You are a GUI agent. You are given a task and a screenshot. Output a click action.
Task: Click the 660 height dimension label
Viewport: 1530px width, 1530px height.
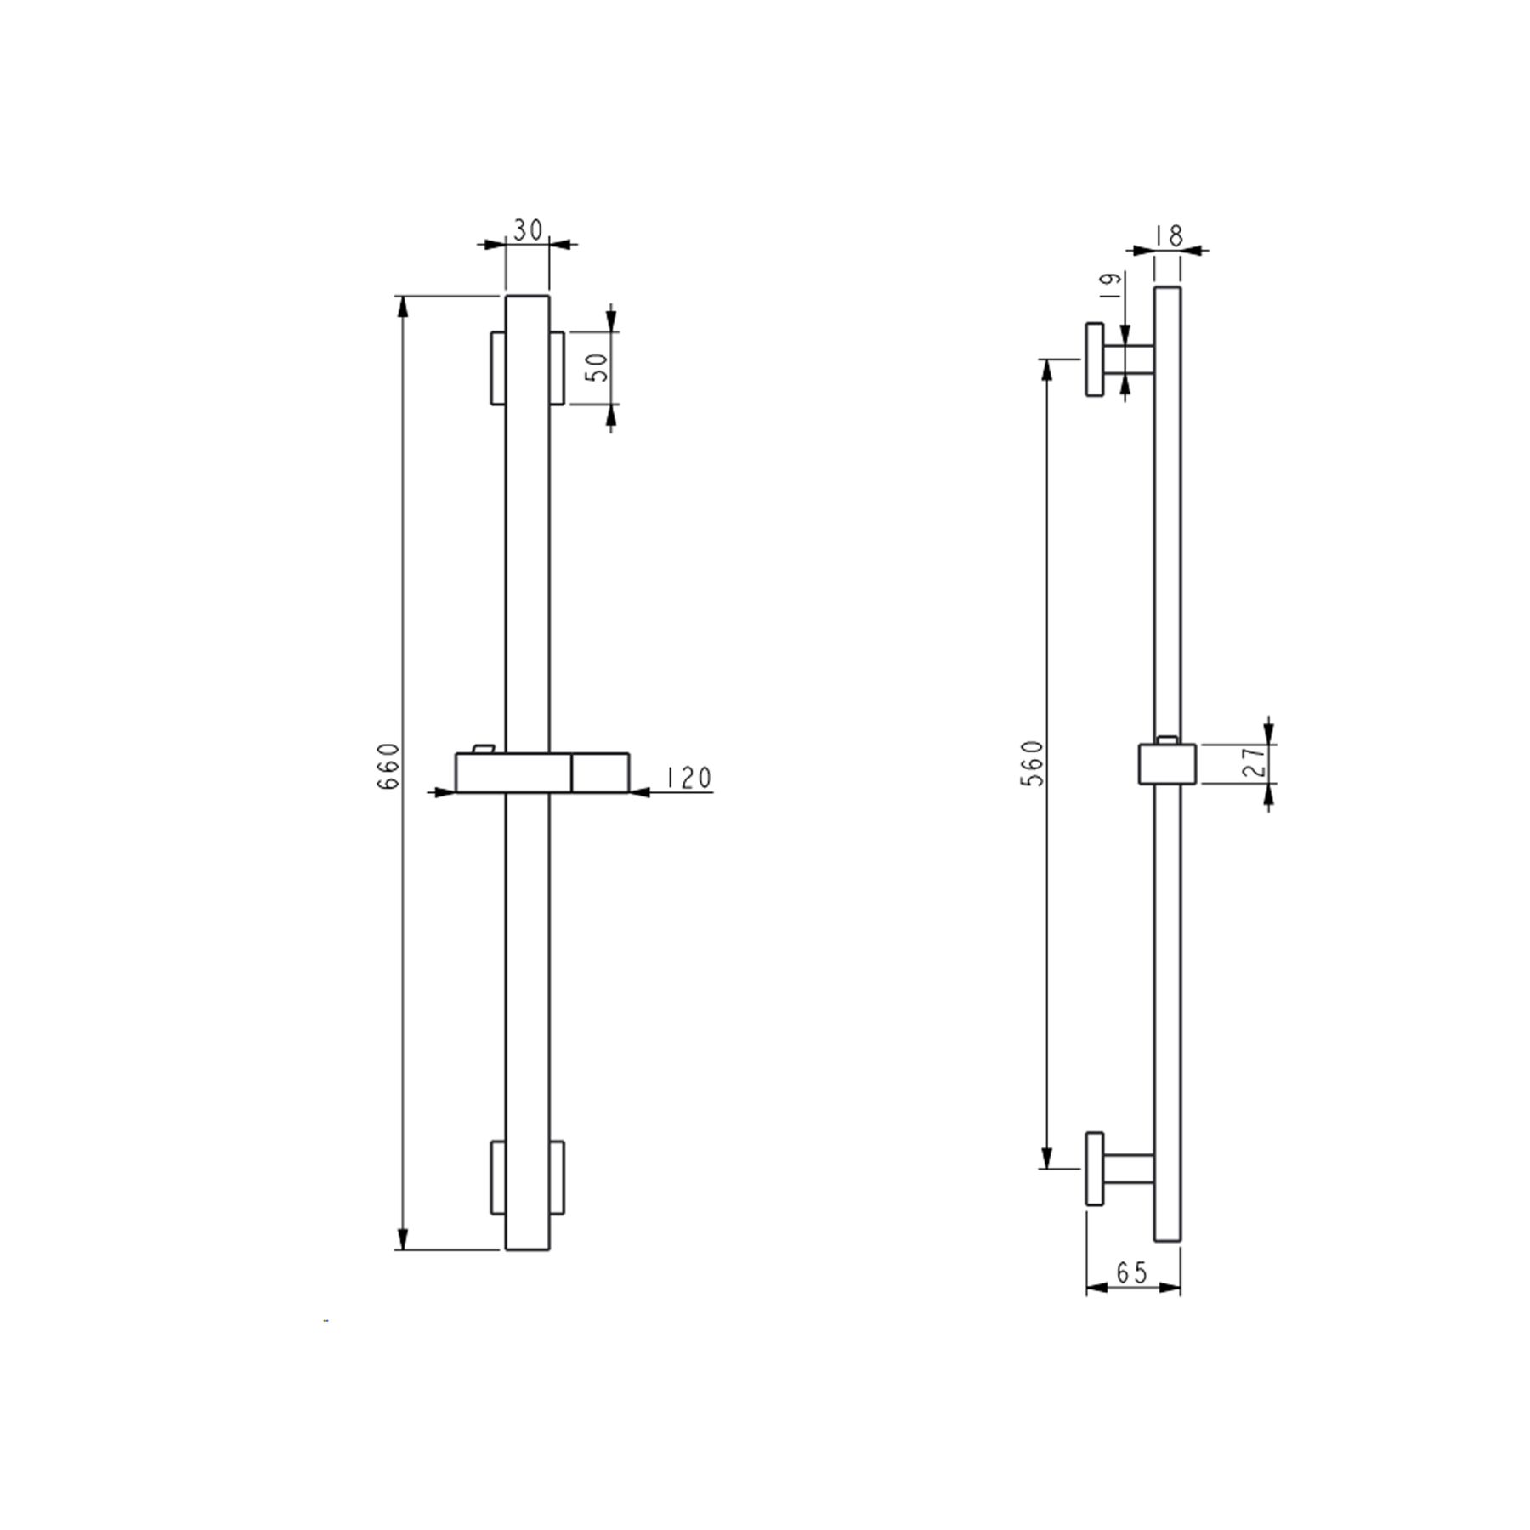click(388, 766)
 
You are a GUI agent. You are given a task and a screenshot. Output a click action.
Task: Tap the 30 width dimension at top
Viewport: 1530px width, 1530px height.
click(528, 230)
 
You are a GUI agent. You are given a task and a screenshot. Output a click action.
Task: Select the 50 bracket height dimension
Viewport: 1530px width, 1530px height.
click(598, 366)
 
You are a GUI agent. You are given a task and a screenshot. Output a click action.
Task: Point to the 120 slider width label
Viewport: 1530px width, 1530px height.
click(688, 778)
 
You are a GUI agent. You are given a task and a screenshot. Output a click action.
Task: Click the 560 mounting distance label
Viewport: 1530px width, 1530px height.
click(1032, 762)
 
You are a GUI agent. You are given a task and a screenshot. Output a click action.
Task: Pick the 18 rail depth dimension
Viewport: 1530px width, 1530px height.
click(1170, 235)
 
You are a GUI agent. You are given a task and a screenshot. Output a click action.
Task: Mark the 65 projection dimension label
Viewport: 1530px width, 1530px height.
click(1132, 1272)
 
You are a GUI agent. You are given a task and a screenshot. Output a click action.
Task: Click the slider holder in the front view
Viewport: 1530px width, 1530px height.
click(542, 772)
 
